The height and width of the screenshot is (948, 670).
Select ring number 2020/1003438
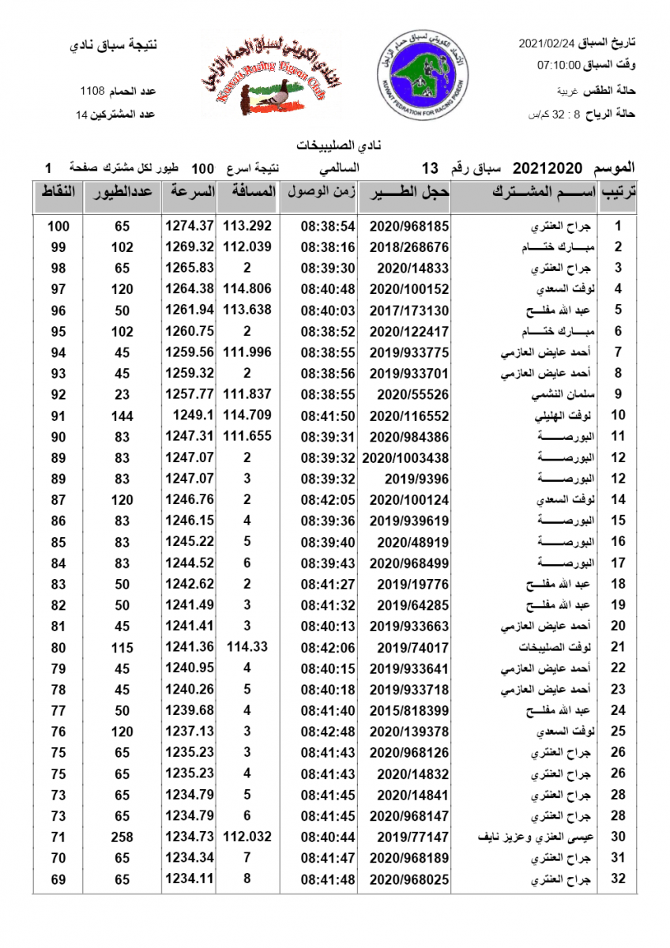click(405, 457)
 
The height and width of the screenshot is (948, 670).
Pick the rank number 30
click(619, 837)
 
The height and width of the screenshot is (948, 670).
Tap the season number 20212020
click(547, 167)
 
